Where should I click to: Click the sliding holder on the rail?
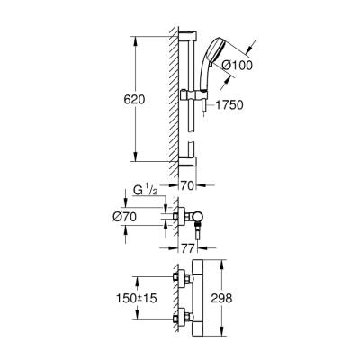(x=190, y=94)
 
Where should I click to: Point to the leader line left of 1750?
(x=209, y=103)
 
